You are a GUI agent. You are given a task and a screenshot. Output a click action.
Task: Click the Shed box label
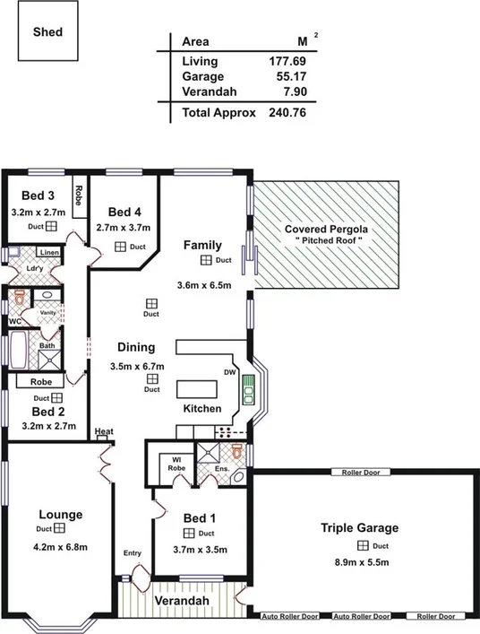tap(47, 30)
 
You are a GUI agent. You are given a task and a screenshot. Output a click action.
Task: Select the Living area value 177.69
tap(287, 62)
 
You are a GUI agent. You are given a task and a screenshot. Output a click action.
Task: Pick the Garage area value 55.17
tap(290, 78)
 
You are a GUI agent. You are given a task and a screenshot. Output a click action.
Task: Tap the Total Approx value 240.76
tap(287, 113)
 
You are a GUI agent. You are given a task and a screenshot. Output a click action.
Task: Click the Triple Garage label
tap(359, 528)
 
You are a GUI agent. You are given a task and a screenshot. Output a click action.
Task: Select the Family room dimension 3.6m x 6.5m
tap(204, 286)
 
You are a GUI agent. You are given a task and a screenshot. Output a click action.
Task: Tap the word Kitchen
tap(201, 409)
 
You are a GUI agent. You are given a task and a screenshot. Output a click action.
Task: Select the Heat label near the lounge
tap(104, 432)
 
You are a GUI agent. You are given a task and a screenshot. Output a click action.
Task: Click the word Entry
tap(132, 553)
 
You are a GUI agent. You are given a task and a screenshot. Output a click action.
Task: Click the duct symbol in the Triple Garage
tap(363, 545)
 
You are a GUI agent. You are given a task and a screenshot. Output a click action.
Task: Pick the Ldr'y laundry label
tap(36, 269)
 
